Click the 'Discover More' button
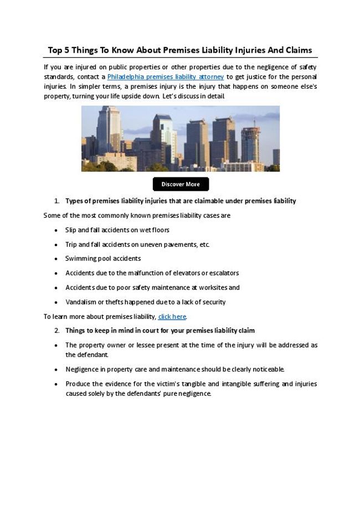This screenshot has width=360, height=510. click(181, 184)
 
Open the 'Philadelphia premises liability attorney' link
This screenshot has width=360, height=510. click(165, 76)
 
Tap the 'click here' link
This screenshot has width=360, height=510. click(172, 317)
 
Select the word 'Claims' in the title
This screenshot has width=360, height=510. click(299, 50)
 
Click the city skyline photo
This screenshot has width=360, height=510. click(181, 139)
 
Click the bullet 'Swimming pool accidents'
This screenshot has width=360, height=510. click(103, 258)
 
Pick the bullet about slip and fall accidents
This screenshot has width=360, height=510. click(117, 229)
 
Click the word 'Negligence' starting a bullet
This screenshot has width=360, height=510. click(83, 369)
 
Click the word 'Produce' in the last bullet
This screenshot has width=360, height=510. click(77, 384)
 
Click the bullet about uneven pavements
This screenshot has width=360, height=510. click(137, 244)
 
